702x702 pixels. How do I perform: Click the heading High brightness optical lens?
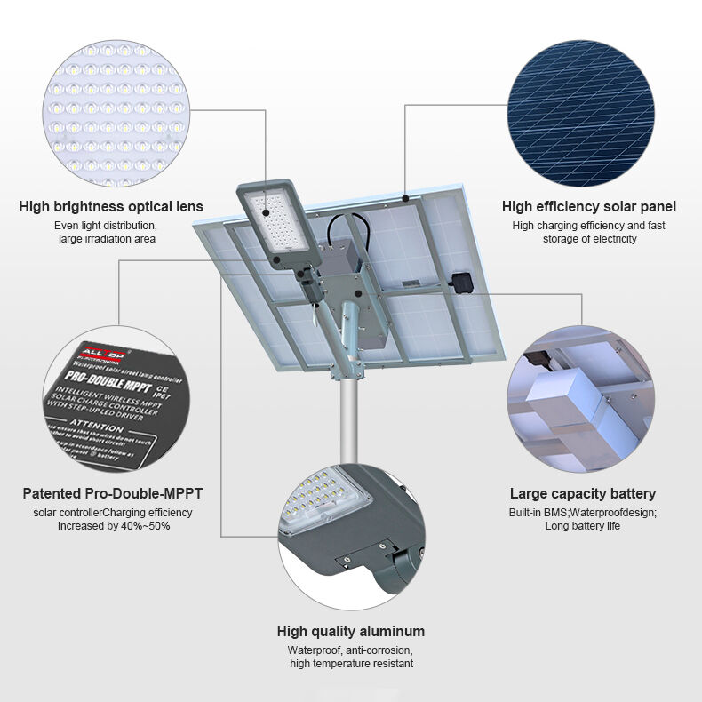pyautogui.click(x=111, y=207)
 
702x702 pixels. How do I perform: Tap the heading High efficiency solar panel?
pyautogui.click(x=588, y=207)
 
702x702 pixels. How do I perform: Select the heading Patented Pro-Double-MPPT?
pyautogui.click(x=118, y=493)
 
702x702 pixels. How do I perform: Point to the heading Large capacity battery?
pyautogui.click(x=582, y=493)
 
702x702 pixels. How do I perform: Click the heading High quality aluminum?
pyautogui.click(x=350, y=632)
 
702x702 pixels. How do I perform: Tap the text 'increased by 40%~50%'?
pyautogui.click(x=113, y=526)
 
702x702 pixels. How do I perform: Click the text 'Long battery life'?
pyautogui.click(x=582, y=526)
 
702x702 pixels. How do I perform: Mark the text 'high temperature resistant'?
pyautogui.click(x=350, y=664)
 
